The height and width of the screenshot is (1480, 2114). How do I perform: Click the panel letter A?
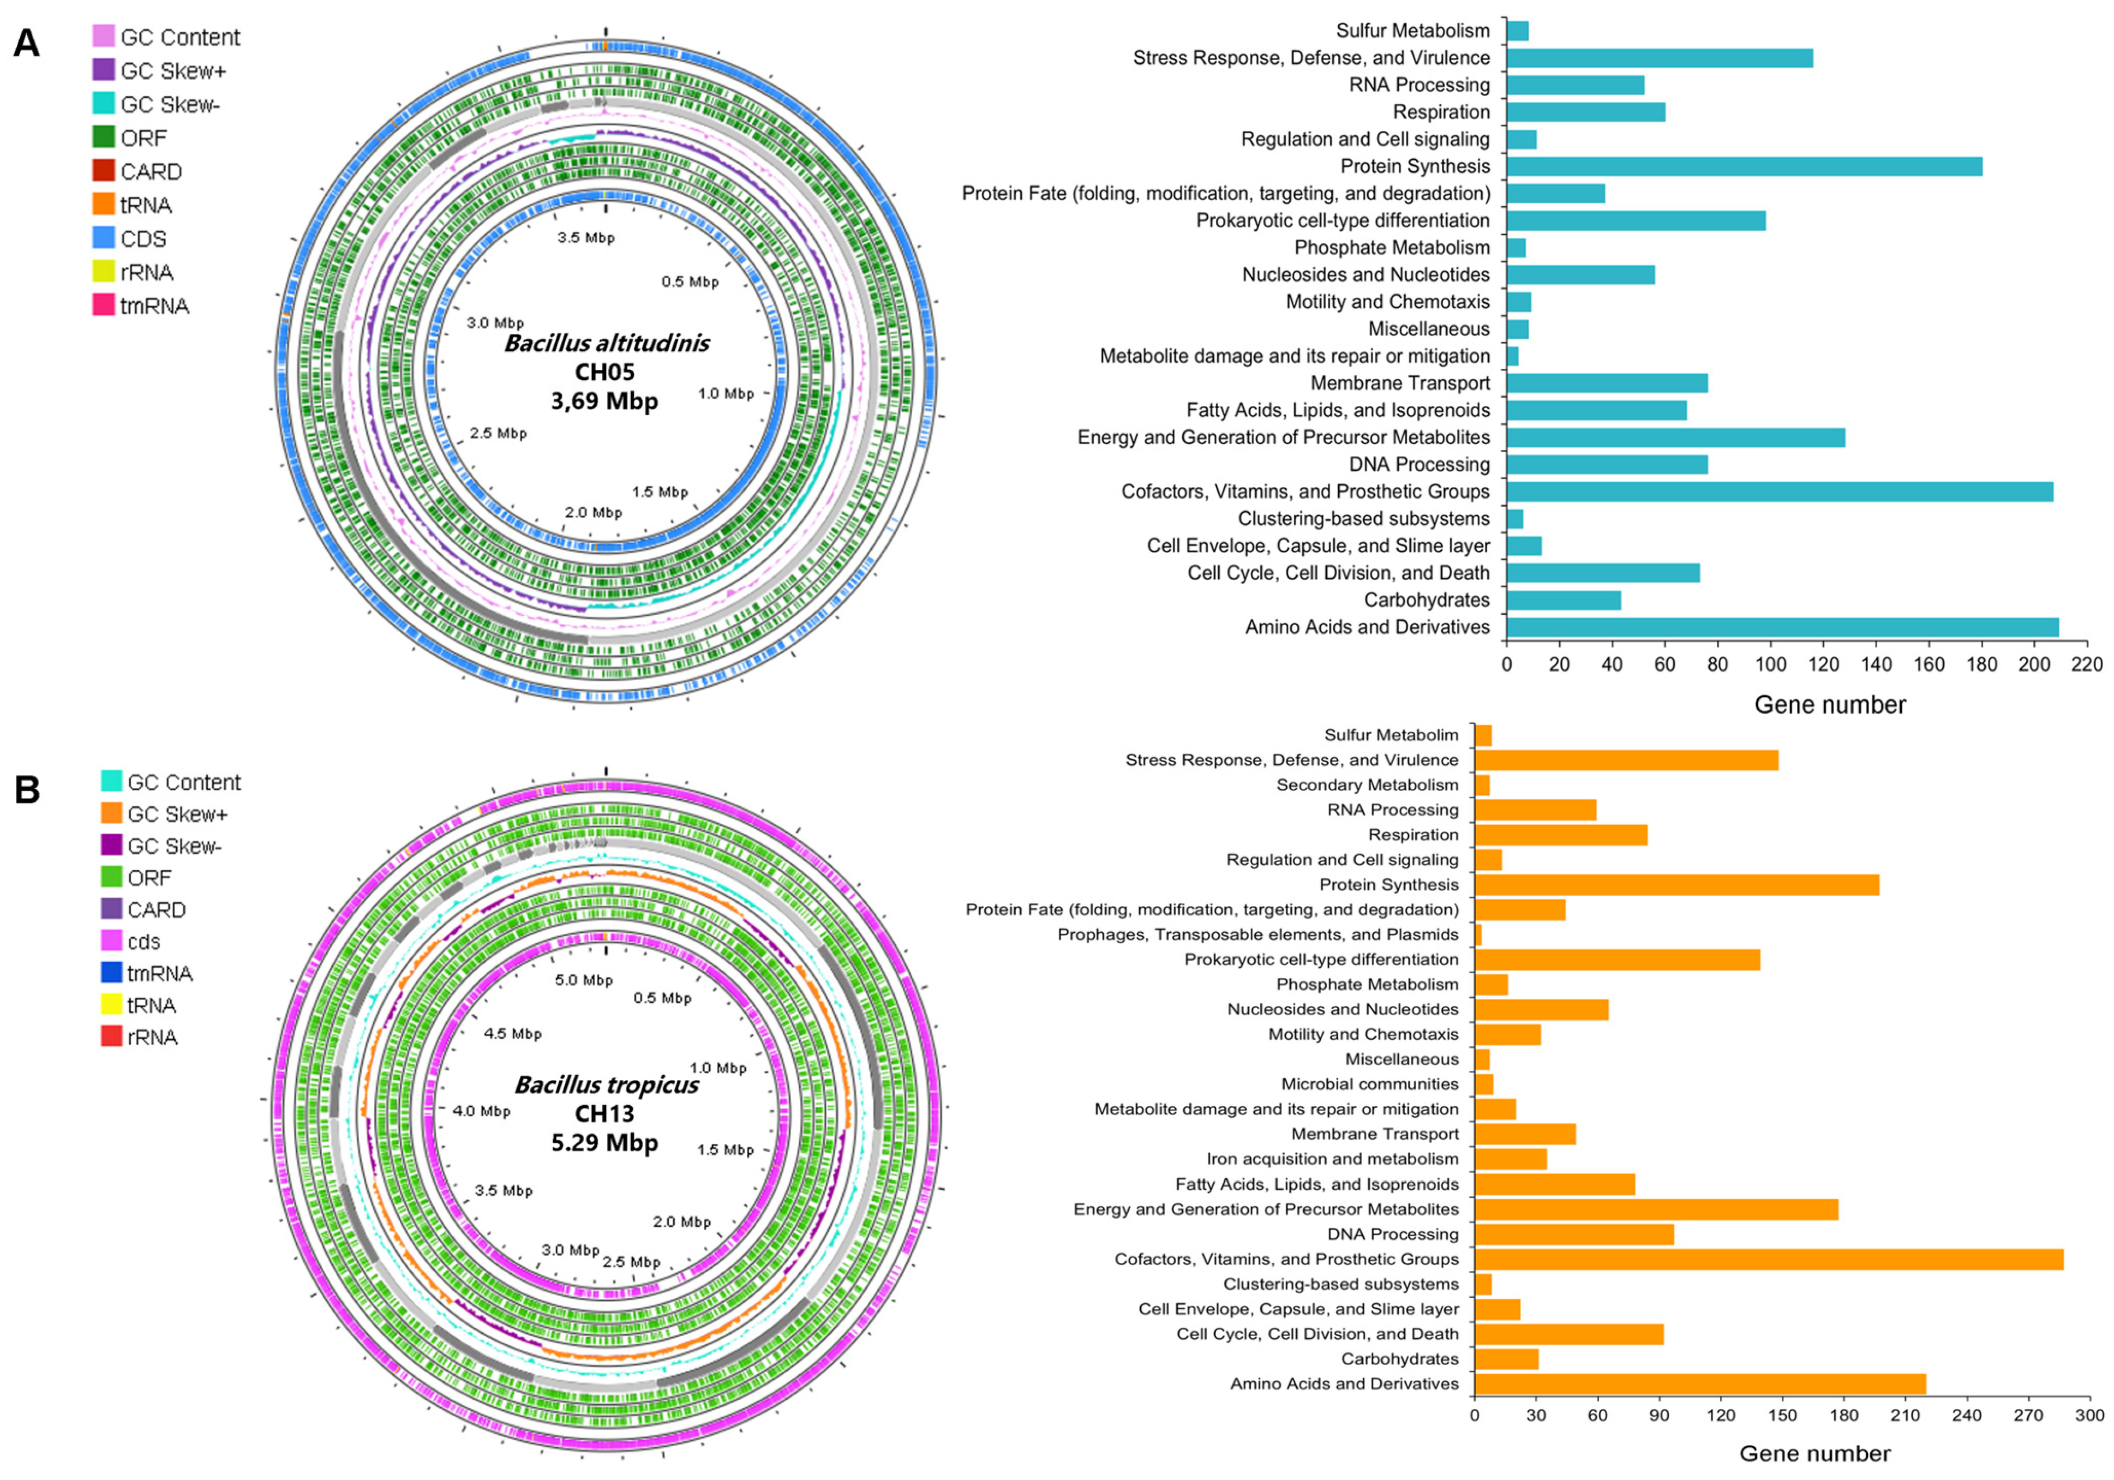26,43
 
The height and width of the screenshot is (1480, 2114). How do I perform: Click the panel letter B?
27,789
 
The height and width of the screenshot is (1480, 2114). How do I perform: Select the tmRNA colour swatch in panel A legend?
103,305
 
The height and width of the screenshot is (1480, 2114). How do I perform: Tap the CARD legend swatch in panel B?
111,909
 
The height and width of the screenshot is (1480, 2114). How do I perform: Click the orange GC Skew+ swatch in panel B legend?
111,813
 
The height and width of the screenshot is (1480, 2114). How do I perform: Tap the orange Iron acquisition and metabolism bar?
1510,1159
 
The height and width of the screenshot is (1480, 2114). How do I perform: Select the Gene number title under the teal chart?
1829,705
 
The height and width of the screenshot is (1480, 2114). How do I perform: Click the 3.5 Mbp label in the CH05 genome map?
586,238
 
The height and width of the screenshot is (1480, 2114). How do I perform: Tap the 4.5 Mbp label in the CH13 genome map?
513,1033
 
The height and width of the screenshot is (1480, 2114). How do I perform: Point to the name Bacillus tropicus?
606,1085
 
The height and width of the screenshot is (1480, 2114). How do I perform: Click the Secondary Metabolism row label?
1367,784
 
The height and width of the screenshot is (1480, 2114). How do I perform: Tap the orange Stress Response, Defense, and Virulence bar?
1626,760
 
